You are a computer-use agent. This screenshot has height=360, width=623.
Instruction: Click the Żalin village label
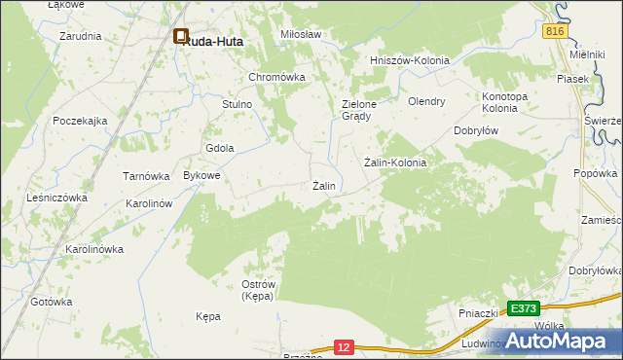click(x=324, y=186)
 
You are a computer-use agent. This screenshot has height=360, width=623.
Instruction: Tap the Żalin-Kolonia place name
click(x=395, y=162)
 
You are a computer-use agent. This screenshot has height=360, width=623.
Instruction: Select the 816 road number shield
click(x=555, y=32)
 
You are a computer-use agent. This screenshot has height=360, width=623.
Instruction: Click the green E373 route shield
click(x=523, y=308)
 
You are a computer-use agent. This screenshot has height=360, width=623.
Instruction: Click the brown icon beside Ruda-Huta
click(x=181, y=38)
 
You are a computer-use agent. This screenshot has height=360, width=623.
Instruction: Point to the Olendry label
click(x=426, y=101)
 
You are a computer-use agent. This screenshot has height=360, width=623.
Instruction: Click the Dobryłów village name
click(x=477, y=130)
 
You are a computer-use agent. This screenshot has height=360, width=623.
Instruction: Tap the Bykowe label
click(x=202, y=176)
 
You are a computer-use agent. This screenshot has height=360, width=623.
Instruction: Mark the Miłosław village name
click(x=301, y=34)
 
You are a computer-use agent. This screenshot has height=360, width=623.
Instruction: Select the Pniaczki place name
click(x=479, y=313)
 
